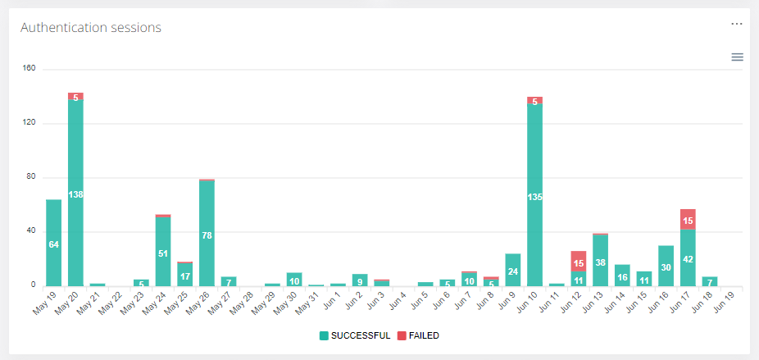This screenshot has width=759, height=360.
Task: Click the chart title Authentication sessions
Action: point(90,27)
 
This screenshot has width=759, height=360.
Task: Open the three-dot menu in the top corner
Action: point(737,24)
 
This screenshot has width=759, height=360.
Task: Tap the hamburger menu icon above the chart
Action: point(737,57)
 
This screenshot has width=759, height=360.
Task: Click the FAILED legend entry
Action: point(419,335)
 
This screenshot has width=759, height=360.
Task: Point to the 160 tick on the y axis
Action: point(30,69)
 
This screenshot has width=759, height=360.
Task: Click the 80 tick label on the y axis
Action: point(31,177)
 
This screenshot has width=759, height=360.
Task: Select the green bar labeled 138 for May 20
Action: point(75,194)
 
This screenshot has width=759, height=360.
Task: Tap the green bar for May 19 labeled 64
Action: point(54,244)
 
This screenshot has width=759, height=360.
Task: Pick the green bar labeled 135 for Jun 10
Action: point(534,197)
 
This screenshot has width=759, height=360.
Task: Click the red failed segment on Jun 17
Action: point(688,220)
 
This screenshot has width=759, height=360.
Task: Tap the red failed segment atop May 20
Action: point(75,96)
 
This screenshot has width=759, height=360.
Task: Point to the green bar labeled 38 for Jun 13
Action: point(600,262)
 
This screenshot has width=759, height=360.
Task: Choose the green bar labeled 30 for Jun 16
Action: point(666,267)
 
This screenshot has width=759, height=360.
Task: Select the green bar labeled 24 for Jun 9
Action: point(513,270)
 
